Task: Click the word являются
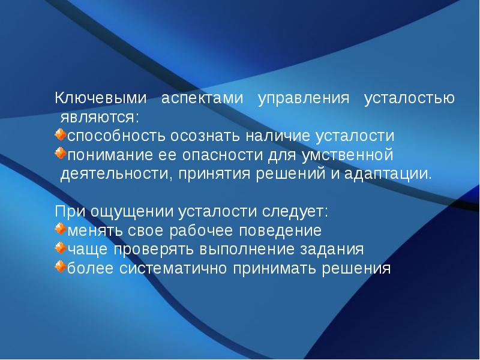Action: click(x=101, y=115)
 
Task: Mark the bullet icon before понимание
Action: click(x=60, y=154)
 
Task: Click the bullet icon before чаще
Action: click(x=60, y=247)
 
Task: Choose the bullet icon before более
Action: click(x=60, y=266)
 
